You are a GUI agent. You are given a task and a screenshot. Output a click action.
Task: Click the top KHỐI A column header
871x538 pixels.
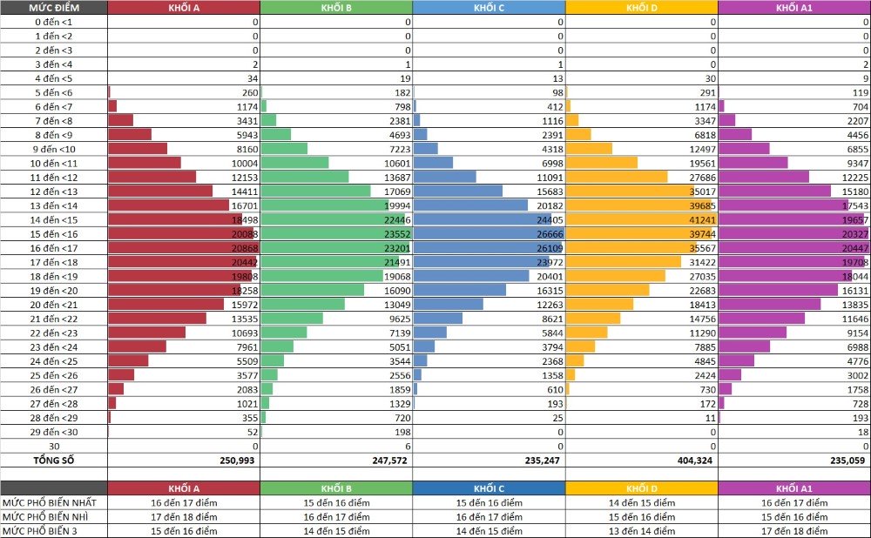point(184,8)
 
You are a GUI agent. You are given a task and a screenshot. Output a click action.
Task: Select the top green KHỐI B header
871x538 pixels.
point(336,8)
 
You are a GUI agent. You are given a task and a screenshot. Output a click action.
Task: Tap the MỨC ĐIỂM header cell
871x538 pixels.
point(54,8)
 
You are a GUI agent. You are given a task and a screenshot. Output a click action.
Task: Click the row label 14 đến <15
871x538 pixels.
point(54,219)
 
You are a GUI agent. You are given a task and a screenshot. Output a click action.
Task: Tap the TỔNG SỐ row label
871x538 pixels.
point(54,461)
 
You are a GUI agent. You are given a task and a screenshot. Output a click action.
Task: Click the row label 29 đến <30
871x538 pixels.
point(54,432)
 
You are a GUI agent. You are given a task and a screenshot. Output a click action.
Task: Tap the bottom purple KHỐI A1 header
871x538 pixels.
point(794,488)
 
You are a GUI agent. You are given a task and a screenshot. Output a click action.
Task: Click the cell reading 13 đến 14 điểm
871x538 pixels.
point(642,531)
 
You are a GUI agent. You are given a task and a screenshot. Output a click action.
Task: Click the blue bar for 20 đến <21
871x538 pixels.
point(448,305)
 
